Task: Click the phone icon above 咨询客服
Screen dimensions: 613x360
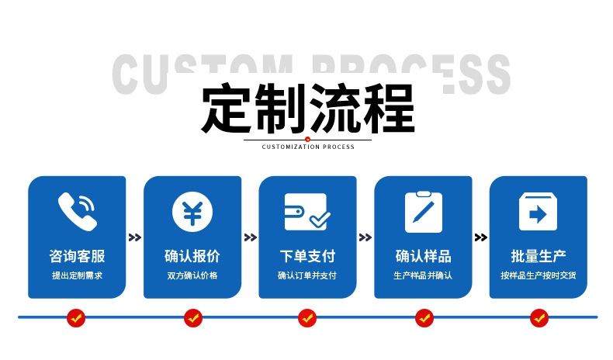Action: point(78,211)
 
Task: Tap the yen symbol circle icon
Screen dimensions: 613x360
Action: point(192,212)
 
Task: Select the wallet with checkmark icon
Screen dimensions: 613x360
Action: point(307,211)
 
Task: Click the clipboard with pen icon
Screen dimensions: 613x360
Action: point(424,212)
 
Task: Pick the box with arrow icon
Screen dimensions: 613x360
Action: point(538,211)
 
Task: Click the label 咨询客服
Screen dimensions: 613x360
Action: point(77,256)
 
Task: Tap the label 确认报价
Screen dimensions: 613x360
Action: point(192,256)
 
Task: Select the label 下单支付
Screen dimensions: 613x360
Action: point(308,256)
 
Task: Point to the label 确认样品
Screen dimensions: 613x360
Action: point(424,256)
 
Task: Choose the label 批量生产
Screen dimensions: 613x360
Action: point(539,256)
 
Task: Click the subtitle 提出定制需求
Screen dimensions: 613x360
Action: point(77,275)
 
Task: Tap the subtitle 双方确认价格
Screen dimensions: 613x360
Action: point(192,275)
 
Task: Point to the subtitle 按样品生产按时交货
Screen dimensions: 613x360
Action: point(539,275)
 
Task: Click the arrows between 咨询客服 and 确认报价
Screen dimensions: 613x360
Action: point(135,237)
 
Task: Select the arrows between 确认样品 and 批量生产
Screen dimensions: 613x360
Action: point(481,237)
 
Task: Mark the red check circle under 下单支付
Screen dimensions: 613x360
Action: point(307,318)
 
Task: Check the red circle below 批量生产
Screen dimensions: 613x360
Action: point(539,318)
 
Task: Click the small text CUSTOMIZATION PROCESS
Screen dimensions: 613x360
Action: point(308,147)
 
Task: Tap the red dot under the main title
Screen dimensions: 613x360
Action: point(308,139)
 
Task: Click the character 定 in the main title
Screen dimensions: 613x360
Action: point(226,109)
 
